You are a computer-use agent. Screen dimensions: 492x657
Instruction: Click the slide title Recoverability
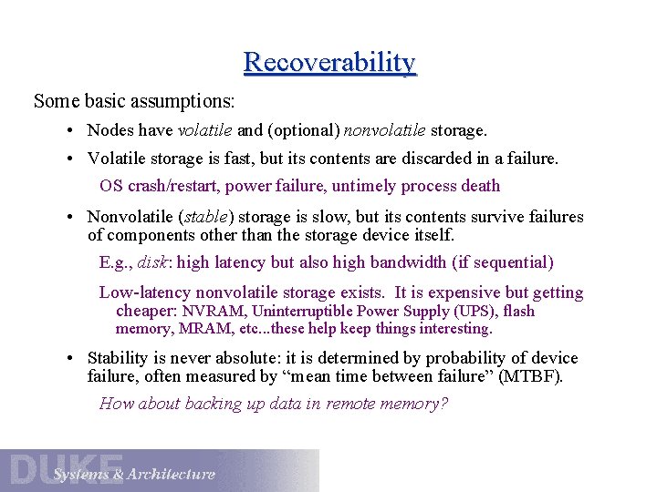329,63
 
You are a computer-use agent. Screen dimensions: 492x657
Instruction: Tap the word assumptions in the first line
187,100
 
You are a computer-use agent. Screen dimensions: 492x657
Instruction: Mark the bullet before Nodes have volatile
71,132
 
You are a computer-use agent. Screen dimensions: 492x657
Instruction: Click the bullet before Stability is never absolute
71,359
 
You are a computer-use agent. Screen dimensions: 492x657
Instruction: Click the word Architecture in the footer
172,475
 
